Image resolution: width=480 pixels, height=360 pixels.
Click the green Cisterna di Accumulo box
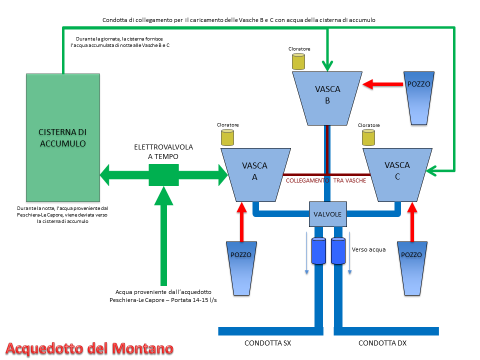pos(63,137)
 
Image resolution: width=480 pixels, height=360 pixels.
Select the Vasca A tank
pos(254,172)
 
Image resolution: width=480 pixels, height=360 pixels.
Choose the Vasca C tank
pos(397,172)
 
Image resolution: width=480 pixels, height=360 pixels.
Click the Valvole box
pos(327,214)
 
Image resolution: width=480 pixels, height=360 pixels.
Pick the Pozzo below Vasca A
pos(241,266)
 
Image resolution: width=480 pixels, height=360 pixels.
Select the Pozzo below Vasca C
pos(411,266)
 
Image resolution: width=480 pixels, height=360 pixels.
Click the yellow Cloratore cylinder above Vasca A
pos(228,137)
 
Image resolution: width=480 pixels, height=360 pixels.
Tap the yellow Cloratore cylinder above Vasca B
pos(299,61)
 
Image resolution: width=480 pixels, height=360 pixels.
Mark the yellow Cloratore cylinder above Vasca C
pos(369,137)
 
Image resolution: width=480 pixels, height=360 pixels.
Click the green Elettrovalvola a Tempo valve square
pos(163,175)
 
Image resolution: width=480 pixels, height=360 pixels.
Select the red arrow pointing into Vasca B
pos(383,84)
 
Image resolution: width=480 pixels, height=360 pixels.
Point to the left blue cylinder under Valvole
pos(318,250)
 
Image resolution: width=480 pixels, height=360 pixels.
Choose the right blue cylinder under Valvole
pos(338,250)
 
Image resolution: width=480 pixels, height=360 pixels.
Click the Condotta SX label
pos(267,343)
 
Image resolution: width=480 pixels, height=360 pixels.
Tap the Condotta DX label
pos(382,343)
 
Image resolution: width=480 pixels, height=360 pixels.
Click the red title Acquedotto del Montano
pos(90,348)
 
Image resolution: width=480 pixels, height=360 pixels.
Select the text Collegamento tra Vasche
pos(325,180)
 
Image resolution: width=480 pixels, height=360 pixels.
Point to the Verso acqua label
pos(369,249)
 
